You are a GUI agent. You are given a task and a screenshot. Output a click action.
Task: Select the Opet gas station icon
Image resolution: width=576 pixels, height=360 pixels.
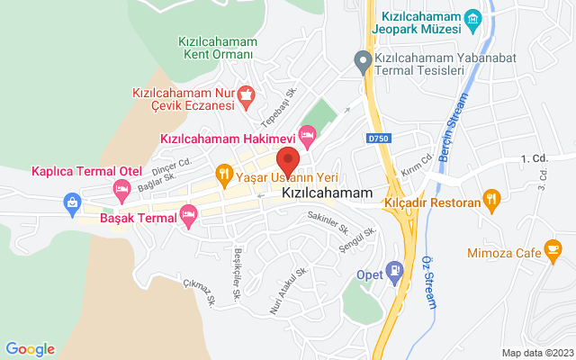(x=393, y=269)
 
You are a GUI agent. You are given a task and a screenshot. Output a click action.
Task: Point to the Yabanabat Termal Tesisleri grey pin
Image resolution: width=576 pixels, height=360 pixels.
(x=362, y=61)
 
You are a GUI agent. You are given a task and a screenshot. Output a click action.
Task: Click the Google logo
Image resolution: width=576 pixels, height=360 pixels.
(x=31, y=349)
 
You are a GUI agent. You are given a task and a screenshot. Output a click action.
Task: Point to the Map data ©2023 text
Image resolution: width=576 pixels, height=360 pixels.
(x=536, y=353)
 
